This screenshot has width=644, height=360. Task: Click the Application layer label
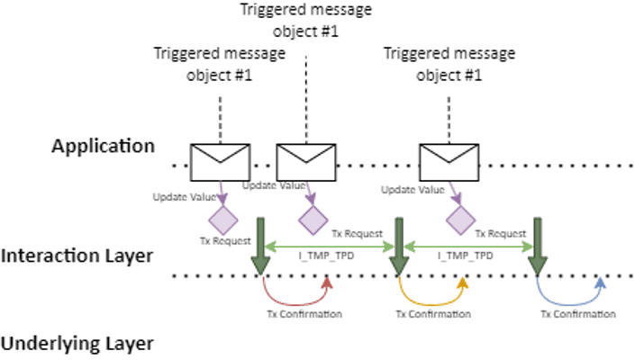[104, 146]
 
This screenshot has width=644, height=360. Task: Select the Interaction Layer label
[77, 256]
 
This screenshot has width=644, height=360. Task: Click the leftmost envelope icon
[221, 162]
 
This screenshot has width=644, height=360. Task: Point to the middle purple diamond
[313, 219]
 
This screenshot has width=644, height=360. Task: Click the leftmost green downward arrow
[260, 247]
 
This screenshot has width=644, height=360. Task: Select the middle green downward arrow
[398, 247]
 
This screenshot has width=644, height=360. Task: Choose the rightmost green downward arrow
[538, 247]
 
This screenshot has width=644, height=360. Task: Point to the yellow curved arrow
[432, 293]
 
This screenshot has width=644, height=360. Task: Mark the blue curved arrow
[571, 293]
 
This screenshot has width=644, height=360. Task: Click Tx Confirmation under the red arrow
[304, 315]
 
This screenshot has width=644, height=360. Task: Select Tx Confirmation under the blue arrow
[578, 315]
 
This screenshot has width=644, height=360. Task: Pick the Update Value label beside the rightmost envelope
[413, 190]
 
